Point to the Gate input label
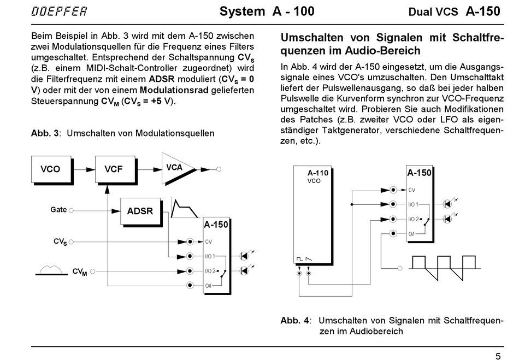58,210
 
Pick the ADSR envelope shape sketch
184,208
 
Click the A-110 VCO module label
317,176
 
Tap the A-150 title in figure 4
419,173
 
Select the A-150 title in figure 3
216,225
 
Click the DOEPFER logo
59,11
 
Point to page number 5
498,356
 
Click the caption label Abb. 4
294,320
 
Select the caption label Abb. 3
45,133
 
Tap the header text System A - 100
267,11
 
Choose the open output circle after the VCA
219,169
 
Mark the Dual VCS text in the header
433,12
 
